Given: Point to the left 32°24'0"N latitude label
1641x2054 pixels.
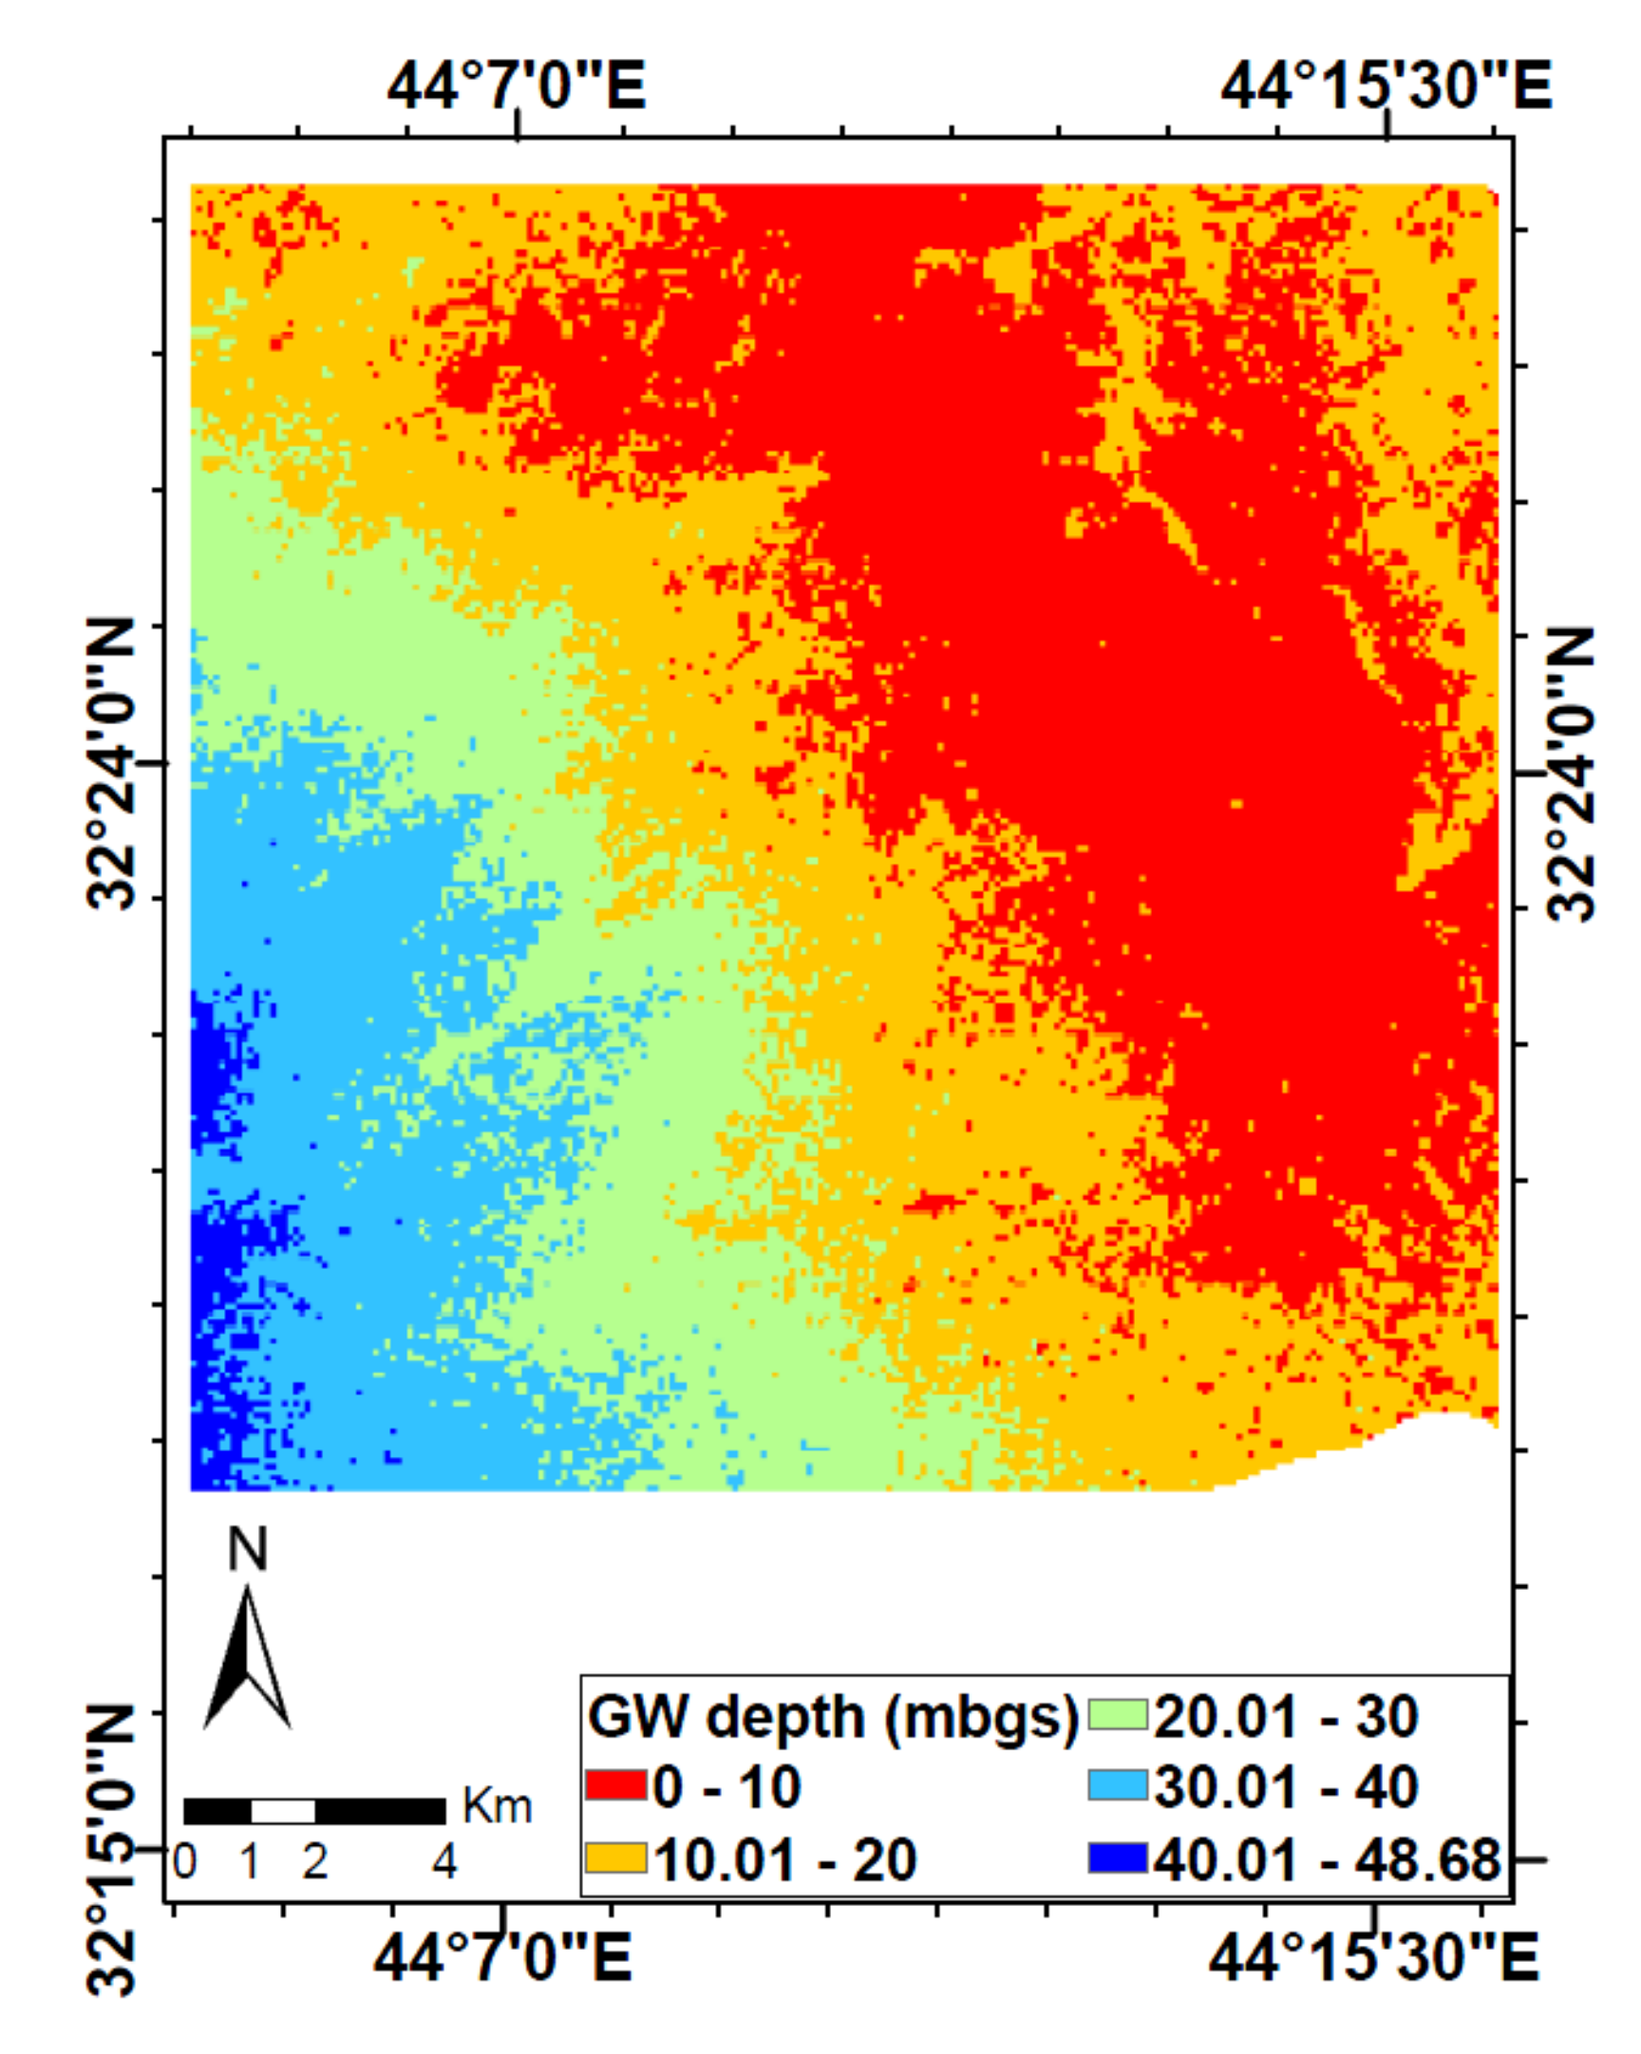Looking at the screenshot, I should [111, 763].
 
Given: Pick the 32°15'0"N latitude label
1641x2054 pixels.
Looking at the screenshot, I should [111, 1849].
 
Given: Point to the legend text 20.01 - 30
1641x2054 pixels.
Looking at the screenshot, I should [1286, 1715].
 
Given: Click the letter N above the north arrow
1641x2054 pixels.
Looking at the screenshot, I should [247, 1551].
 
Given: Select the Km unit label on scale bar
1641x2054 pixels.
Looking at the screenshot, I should [497, 1805].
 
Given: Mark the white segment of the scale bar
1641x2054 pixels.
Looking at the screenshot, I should [283, 1810].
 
